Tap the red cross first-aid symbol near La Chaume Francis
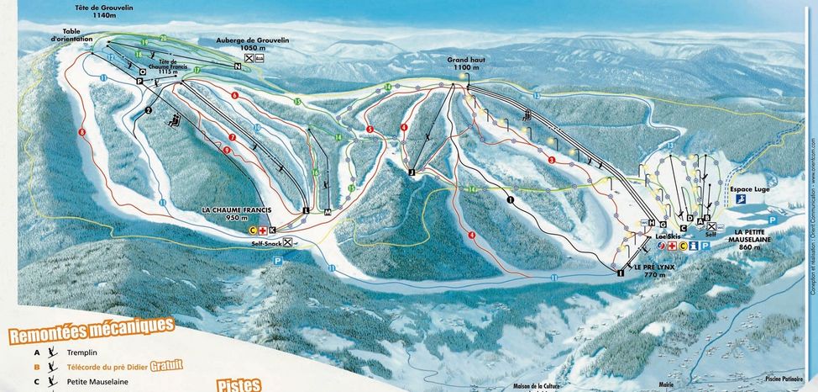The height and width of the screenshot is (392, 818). click(x=262, y=230)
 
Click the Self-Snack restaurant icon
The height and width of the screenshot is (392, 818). click(x=288, y=242)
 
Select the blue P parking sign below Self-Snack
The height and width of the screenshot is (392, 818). click(x=277, y=262)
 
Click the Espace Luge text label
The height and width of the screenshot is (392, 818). click(x=749, y=190)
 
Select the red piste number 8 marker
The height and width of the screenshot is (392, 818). click(x=82, y=132)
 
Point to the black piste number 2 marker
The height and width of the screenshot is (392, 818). click(x=148, y=109)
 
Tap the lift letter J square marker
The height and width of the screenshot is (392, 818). click(x=412, y=172)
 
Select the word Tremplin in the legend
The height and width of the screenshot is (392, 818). click(x=81, y=352)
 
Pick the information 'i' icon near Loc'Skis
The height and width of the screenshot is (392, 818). click(x=694, y=246)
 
